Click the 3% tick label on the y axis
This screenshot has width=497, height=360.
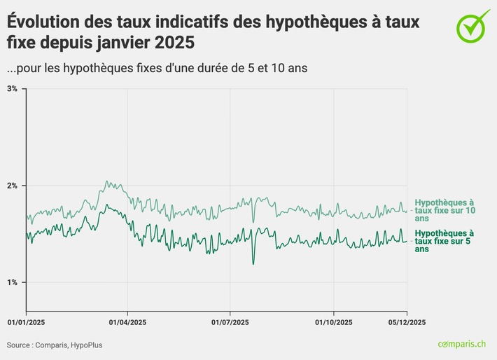(12, 89)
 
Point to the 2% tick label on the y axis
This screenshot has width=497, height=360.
(12, 186)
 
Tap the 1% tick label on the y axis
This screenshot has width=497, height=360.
(12, 282)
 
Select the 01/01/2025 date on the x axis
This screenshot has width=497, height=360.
(26, 321)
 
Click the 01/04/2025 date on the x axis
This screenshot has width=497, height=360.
(127, 321)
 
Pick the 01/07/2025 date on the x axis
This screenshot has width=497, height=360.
(230, 321)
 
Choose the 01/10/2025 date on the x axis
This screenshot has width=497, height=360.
(333, 321)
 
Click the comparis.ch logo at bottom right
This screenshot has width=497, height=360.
(461, 344)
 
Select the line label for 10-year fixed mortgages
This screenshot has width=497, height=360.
(444, 210)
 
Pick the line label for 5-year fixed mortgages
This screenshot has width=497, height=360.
(444, 241)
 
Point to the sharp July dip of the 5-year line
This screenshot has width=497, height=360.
(253, 263)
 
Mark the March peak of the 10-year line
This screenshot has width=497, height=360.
(106, 182)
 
